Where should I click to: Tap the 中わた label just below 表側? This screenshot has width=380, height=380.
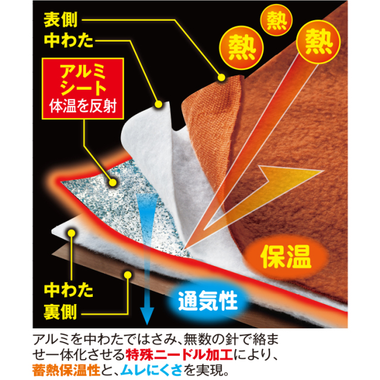(x=66, y=42)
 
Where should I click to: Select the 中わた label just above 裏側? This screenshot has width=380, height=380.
(x=66, y=291)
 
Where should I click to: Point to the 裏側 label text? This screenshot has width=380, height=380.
(x=66, y=311)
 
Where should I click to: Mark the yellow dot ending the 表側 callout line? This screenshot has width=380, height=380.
(x=221, y=77)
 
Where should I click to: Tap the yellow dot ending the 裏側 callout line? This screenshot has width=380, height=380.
(x=126, y=275)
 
